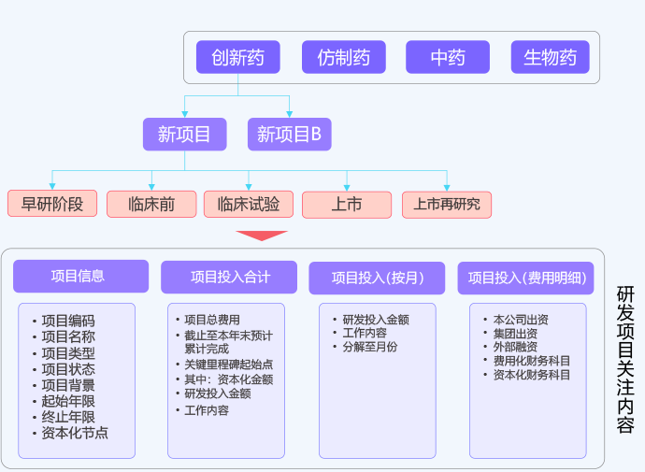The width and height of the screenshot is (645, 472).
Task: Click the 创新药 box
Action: pyautogui.click(x=238, y=58)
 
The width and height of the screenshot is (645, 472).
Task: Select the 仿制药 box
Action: pyautogui.click(x=344, y=58)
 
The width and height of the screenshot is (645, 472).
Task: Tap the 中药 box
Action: pyautogui.click(x=448, y=58)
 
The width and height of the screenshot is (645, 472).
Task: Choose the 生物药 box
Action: pyautogui.click(x=551, y=58)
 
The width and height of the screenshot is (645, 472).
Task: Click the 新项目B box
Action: pyautogui.click(x=290, y=135)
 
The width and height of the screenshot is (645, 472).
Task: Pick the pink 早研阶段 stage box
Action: pyautogui.click(x=52, y=204)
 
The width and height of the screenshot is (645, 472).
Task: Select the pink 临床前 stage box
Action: pyautogui.click(x=151, y=204)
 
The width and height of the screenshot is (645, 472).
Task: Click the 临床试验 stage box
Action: pyautogui.click(x=249, y=204)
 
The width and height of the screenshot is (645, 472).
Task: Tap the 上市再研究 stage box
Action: pyautogui.click(x=447, y=204)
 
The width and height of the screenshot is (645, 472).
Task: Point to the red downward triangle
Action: pyautogui.click(x=262, y=236)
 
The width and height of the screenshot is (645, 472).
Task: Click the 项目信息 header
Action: pyautogui.click(x=80, y=277)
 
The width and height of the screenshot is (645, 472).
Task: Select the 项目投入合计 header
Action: pyautogui.click(x=230, y=278)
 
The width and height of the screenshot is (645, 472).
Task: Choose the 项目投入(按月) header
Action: pyautogui.click(x=378, y=278)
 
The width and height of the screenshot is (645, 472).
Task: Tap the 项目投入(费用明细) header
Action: pyautogui.click(x=526, y=278)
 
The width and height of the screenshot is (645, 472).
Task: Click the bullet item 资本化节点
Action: pyautogui.click(x=75, y=433)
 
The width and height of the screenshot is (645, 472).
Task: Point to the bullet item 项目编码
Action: pyautogui.click(x=68, y=321)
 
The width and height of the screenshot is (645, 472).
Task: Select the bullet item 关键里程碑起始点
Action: pyautogui.click(x=228, y=365)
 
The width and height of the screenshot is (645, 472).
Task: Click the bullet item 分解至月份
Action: pyautogui.click(x=370, y=347)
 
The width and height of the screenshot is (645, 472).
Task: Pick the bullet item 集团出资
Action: pyautogui.click(x=516, y=334)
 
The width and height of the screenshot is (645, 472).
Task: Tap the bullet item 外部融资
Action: pyautogui.click(x=516, y=347)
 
